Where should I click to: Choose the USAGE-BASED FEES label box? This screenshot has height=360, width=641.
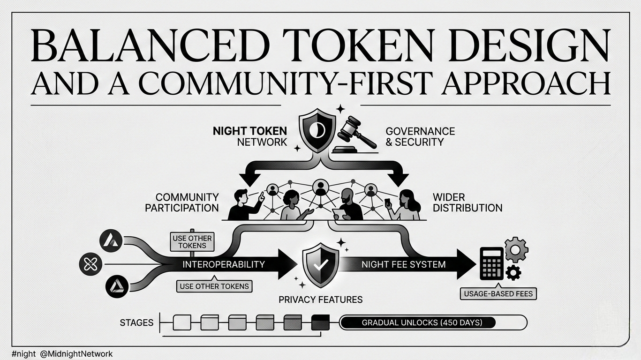pos(499,294)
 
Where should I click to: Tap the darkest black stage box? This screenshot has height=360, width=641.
pos(320,322)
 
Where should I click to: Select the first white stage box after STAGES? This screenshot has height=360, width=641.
pos(182,322)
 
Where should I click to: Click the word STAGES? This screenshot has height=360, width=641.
pos(136,322)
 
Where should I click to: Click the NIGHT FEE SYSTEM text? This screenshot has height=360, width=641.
pos(403,264)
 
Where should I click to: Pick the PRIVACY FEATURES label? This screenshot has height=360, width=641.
pos(321,299)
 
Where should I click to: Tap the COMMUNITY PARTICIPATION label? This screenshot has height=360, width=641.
pos(182,202)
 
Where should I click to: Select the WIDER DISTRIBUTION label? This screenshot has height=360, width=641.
pos(468,202)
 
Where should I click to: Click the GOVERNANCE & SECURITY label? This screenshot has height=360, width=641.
pos(420,136)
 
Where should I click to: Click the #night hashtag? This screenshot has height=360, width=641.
pos(23,354)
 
